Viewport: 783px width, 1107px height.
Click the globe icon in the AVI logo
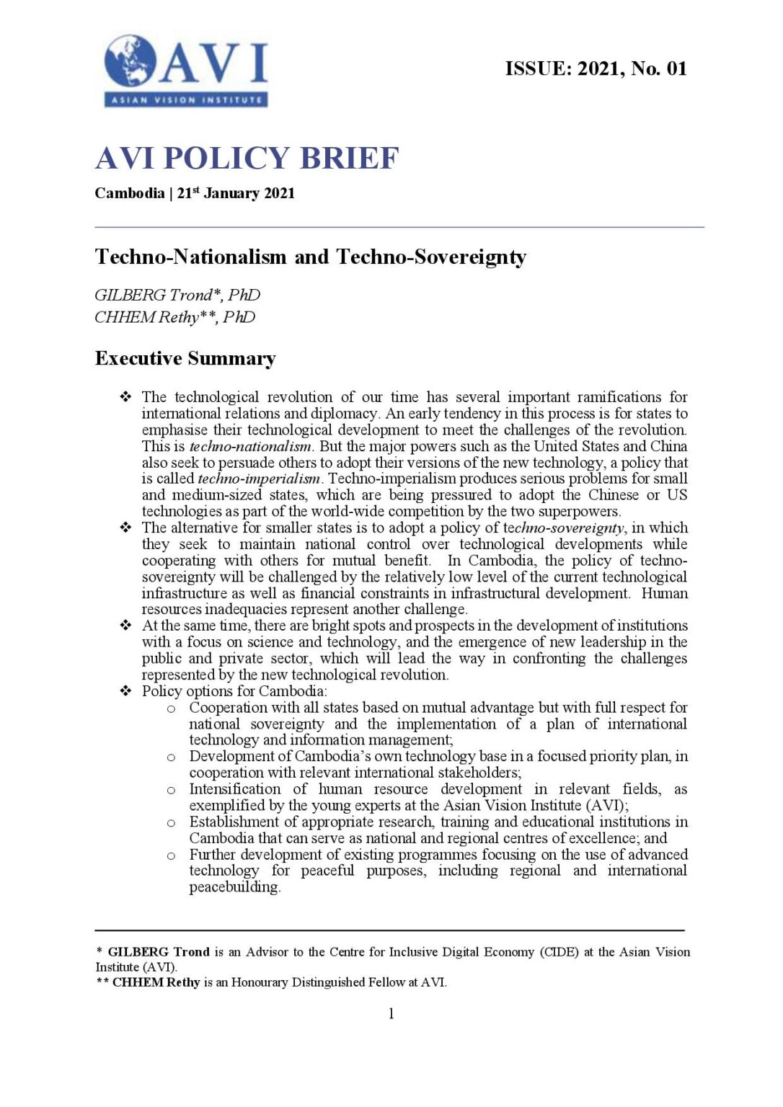pos(130,62)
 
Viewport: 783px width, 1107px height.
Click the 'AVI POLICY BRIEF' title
pos(247,159)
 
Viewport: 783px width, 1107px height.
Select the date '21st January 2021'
pos(236,193)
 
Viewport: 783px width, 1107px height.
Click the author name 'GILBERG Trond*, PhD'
pos(177,295)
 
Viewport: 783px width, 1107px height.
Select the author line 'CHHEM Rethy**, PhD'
pos(175,317)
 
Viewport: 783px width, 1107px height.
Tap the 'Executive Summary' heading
pos(185,358)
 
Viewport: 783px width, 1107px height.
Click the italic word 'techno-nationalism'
pos(250,446)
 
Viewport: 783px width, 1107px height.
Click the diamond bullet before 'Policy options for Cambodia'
pos(125,691)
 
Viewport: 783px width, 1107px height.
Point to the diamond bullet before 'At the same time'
pos(125,626)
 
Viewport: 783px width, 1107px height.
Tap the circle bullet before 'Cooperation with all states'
pos(171,708)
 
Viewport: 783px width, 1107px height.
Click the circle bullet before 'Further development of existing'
pos(171,855)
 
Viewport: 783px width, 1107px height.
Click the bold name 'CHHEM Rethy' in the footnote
pos(156,982)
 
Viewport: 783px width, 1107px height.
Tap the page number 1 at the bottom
pos(391,1014)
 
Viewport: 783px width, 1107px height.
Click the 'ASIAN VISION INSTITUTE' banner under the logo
pos(186,99)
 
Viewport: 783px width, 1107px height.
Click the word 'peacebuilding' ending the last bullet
pos(234,887)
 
